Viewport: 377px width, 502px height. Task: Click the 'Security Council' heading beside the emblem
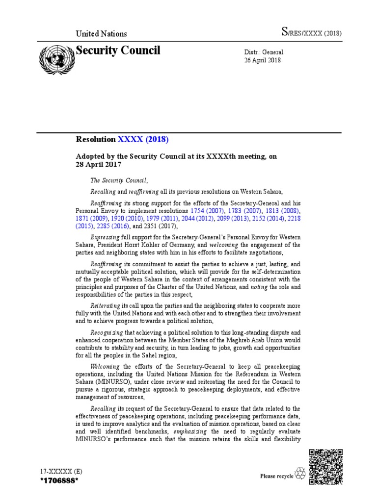117,51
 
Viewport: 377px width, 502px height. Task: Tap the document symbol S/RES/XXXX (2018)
309,33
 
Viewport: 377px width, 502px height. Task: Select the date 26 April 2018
263,60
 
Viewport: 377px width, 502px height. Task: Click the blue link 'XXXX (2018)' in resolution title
143,140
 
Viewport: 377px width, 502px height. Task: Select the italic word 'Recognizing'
108,332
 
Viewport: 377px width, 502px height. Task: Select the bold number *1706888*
59,480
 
